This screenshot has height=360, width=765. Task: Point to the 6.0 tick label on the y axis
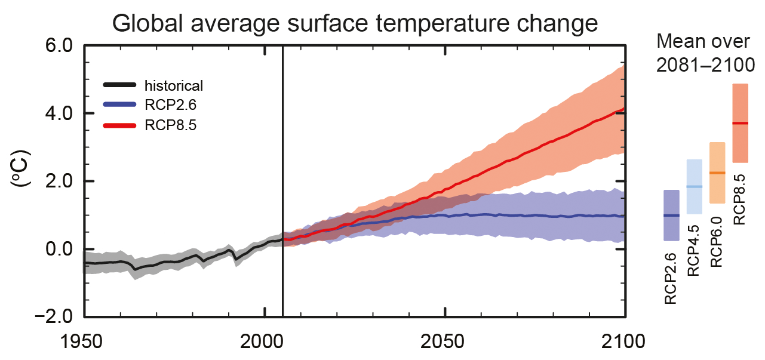tap(57, 46)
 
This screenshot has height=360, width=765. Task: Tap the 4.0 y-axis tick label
tap(57, 113)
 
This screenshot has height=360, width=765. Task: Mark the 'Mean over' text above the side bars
tap(702, 42)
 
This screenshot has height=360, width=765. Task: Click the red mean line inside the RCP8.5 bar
tap(740, 124)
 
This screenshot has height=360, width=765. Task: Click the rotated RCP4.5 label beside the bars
tap(694, 250)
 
